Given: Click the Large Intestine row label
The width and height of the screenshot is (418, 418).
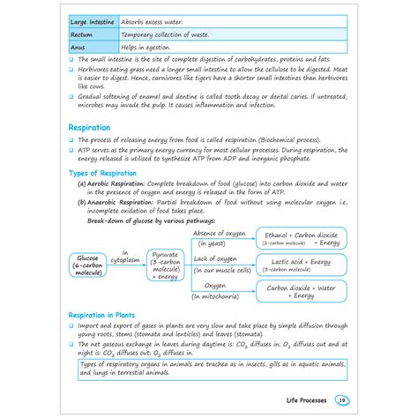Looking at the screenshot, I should [92, 18].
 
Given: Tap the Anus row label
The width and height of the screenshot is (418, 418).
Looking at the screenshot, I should [78, 49].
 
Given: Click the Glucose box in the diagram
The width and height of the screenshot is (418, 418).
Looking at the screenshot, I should [87, 265].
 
